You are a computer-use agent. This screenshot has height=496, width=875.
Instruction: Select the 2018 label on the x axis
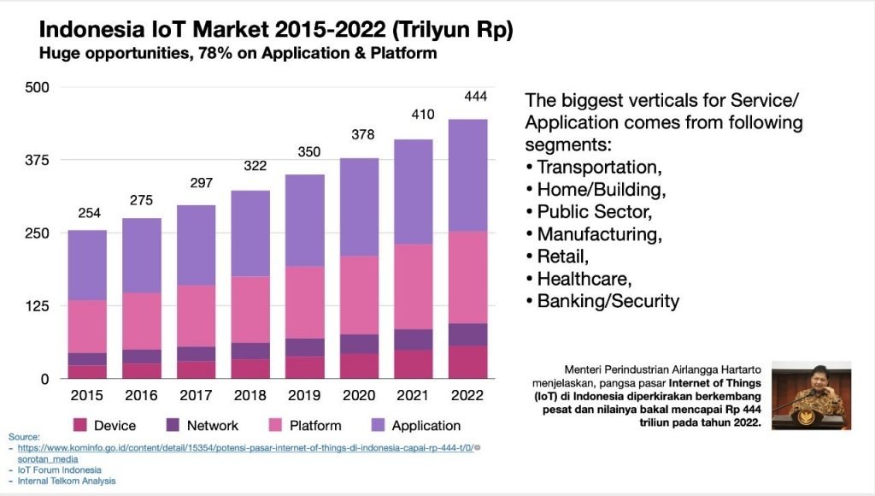[x=250, y=396]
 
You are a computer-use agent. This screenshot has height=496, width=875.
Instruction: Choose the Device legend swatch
[x=81, y=425]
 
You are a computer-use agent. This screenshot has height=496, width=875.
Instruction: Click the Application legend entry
[x=426, y=425]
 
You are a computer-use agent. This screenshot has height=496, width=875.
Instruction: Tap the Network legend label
[x=212, y=425]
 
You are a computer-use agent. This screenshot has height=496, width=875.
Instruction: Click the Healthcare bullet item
[x=584, y=278]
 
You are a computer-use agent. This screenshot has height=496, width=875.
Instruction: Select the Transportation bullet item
[x=599, y=166]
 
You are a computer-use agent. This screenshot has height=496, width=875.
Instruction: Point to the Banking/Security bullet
[x=608, y=300]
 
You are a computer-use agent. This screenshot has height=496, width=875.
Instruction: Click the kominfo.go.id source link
[x=248, y=447]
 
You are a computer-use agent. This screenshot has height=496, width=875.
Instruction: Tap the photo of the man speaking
[x=811, y=395]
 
